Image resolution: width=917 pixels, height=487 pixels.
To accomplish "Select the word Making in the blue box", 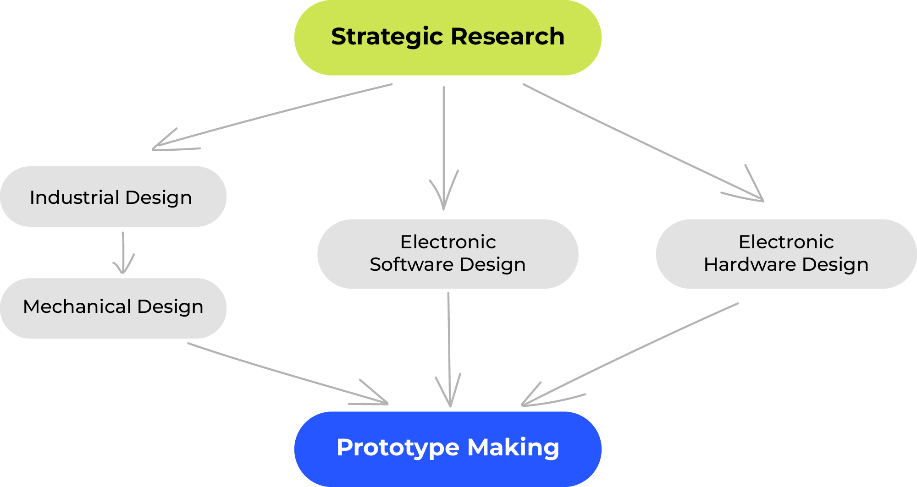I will pyautogui.click(x=513, y=447).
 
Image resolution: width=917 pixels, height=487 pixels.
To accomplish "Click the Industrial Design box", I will pyautogui.click(x=113, y=197).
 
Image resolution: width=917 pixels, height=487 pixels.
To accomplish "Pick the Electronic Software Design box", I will pyautogui.click(x=447, y=253).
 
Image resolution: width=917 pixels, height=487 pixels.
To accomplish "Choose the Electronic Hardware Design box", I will pyautogui.click(x=786, y=253).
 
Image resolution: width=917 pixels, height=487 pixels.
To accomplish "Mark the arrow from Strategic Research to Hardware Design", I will pyautogui.click(x=642, y=142).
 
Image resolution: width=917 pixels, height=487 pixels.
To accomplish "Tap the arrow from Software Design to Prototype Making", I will pyautogui.click(x=449, y=348).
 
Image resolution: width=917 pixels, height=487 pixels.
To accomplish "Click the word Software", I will pyautogui.click(x=412, y=265).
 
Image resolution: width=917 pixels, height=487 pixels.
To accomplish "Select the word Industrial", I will pyautogui.click(x=75, y=197).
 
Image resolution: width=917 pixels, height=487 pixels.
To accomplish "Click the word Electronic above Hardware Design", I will pyautogui.click(x=786, y=242).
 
